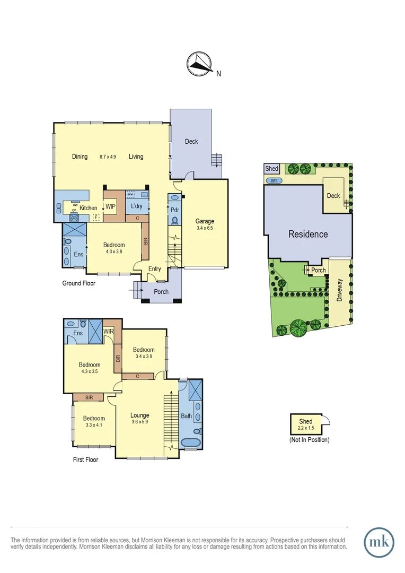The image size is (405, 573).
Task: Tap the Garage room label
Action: (204, 222)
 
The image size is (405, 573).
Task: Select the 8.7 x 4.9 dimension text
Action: (108, 157)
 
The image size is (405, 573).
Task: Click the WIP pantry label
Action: (111, 207)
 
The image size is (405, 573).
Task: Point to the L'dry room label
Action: (137, 206)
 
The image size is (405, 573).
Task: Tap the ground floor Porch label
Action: (161, 292)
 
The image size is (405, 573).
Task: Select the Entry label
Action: (154, 269)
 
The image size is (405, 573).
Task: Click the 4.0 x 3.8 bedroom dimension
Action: (114, 253)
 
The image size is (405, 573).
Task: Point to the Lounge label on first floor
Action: (140, 415)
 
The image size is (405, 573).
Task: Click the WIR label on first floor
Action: (109, 332)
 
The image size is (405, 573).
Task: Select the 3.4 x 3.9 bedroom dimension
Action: (144, 357)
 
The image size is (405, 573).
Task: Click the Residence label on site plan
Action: (308, 234)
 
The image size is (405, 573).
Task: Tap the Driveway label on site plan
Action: (339, 291)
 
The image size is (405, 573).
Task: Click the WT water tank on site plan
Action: (274, 181)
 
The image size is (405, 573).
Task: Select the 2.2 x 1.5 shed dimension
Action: (306, 428)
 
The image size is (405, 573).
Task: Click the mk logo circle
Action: (380, 542)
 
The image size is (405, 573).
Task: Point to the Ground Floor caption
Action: (79, 283)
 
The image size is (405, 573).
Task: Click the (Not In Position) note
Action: (309, 440)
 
